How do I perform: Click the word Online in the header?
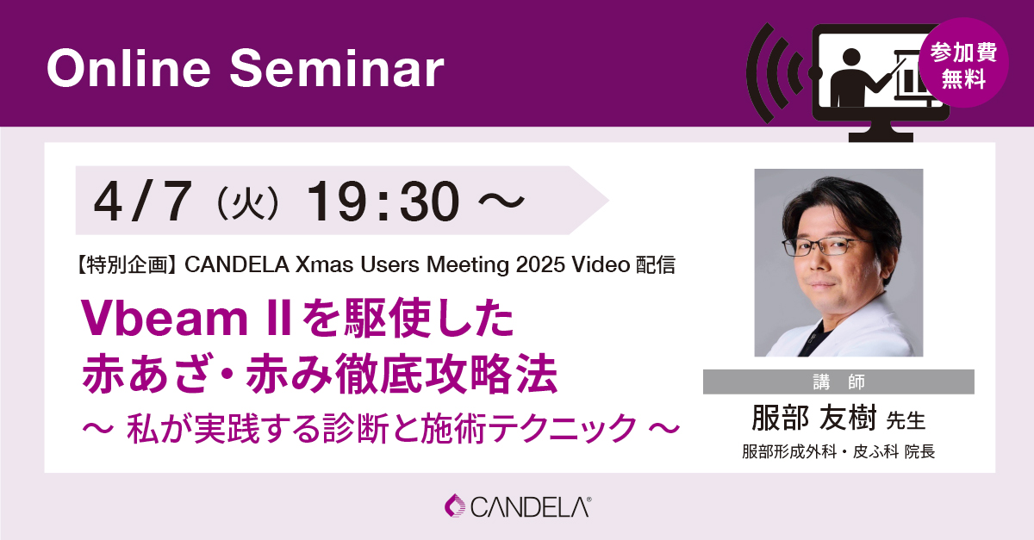[128, 68]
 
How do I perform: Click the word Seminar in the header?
[337, 68]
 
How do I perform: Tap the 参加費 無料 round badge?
[963, 63]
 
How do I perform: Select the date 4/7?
[143, 202]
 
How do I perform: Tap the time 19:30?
[383, 202]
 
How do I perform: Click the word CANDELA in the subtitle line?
[237, 265]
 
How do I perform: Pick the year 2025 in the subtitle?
[540, 265]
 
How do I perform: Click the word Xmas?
[325, 265]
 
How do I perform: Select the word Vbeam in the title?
[165, 318]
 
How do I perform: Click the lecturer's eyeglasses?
[826, 245]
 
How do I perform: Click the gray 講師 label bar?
[838, 382]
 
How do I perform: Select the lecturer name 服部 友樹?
[813, 419]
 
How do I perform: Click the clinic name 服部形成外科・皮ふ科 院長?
[838, 452]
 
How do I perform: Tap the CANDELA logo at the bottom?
[518, 506]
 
